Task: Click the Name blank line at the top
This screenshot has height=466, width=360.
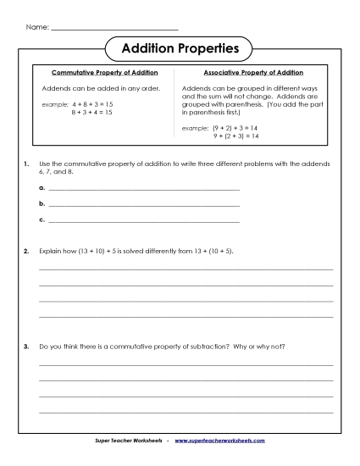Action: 114,29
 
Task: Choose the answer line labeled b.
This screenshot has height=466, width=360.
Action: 144,205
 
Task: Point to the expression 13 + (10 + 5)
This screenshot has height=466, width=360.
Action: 213,252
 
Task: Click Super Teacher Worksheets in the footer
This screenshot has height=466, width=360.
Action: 130,441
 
